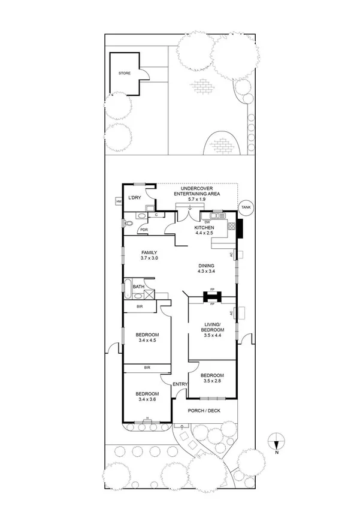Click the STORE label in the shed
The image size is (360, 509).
123,73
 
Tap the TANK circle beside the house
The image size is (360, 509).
246,207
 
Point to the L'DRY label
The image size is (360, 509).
135,197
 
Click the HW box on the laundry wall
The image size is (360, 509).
119,202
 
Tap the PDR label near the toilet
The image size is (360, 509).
144,230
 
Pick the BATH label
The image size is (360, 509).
138,287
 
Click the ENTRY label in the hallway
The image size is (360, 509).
180,384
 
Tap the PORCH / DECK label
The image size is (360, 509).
204,411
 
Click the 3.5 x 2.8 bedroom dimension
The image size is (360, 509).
212,381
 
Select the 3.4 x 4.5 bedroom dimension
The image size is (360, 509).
146,341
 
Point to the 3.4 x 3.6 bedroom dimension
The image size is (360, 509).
146,399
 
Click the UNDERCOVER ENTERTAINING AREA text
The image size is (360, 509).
196,191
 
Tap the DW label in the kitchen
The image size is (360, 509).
206,222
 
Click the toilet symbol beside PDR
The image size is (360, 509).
128,224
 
